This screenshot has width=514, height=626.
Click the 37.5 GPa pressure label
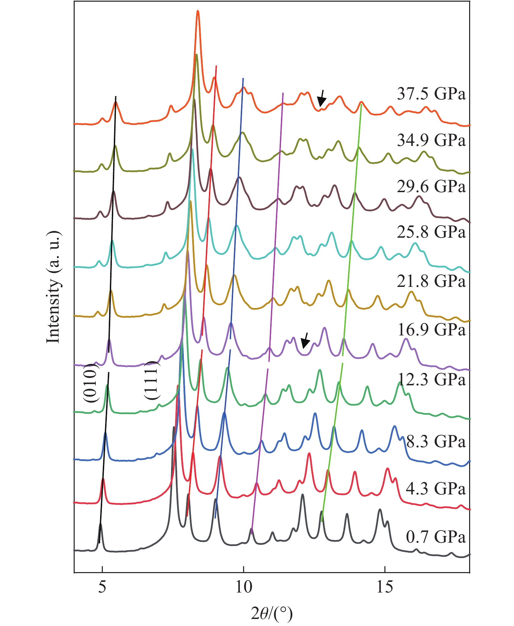coord(431,94)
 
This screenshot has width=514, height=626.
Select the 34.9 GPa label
coord(431,140)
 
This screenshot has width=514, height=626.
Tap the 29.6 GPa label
coord(431,186)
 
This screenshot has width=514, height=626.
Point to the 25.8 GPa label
coord(431,232)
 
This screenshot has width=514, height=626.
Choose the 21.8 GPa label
coord(431,281)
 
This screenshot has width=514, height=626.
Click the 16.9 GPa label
coord(431,330)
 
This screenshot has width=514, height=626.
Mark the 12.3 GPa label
coord(432,380)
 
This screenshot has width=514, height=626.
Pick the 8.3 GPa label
coord(436,442)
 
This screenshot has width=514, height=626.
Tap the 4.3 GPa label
coord(436,489)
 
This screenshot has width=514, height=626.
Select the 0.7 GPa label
coord(436,537)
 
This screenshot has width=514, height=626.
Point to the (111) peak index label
coord(151,380)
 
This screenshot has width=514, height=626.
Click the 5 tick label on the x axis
coord(102,588)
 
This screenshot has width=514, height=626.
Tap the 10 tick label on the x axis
coord(243,588)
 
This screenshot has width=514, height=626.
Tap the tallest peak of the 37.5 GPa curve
coord(198,12)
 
